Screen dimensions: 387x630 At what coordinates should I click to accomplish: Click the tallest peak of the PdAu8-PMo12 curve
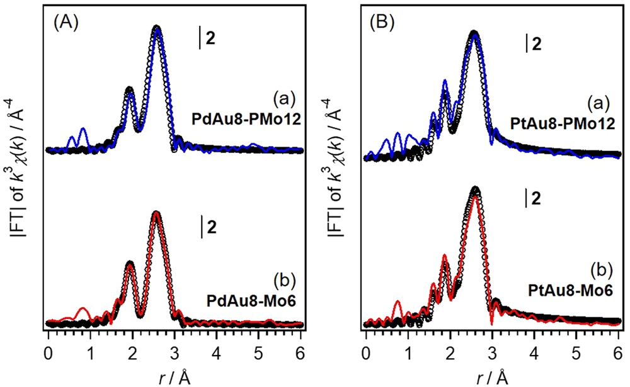coord(157,28)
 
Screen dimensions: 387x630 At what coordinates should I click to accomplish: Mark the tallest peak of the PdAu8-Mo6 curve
coord(156,213)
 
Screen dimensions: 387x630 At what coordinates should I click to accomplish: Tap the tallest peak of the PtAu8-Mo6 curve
coord(475,189)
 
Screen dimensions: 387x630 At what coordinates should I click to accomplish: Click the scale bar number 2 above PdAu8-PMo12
coord(210,38)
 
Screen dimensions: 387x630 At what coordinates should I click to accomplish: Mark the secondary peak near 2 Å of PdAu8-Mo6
coord(130,263)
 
